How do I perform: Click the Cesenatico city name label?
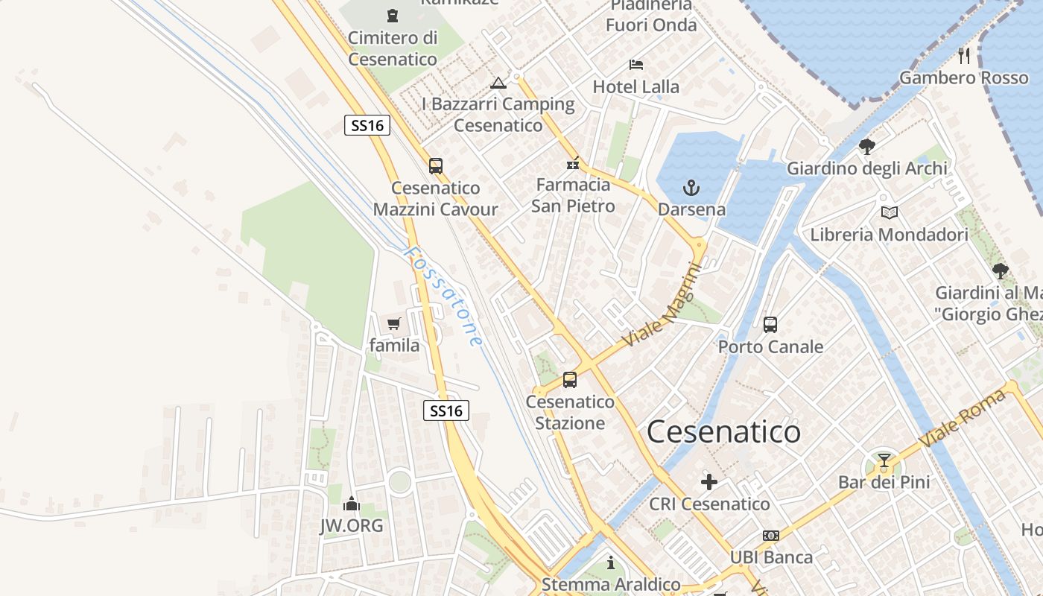pos(723,432)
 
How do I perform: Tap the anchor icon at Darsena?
pos(691,187)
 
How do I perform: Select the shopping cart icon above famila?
pos(394,324)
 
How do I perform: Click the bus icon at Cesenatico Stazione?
pos(570,380)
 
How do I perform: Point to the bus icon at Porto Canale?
pos(770,325)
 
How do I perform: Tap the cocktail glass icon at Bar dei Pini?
pos(884,460)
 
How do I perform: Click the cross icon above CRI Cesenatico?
pos(709,483)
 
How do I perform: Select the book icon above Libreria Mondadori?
pos(890,213)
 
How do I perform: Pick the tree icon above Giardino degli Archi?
pos(867,146)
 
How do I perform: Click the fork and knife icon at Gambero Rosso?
pos(964,54)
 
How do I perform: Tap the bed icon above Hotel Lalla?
pos(635,65)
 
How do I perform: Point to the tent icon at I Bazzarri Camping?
pos(498,82)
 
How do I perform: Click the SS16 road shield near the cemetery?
pos(367,125)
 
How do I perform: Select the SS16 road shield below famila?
pos(446,410)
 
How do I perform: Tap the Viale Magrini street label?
pos(662,308)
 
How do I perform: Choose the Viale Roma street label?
pos(962,418)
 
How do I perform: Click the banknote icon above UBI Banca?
pos(771,536)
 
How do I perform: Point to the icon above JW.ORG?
pos(352,504)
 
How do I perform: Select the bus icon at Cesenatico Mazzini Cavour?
pos(436,165)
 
